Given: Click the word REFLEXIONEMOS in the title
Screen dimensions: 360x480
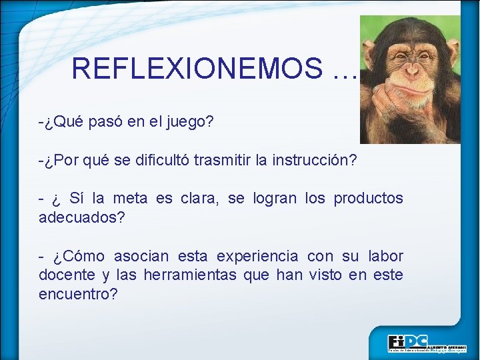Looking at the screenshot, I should coord(197,68).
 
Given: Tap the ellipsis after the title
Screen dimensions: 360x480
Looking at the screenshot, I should coord(342,69).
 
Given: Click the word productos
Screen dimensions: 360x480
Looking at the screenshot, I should coord(368,199).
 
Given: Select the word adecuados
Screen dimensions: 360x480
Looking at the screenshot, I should coord(81,218).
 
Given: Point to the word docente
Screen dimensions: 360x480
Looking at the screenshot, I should coord(67,275).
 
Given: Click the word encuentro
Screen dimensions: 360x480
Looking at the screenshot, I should coord(77,294).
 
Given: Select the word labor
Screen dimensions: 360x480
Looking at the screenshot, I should coord(384,256).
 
